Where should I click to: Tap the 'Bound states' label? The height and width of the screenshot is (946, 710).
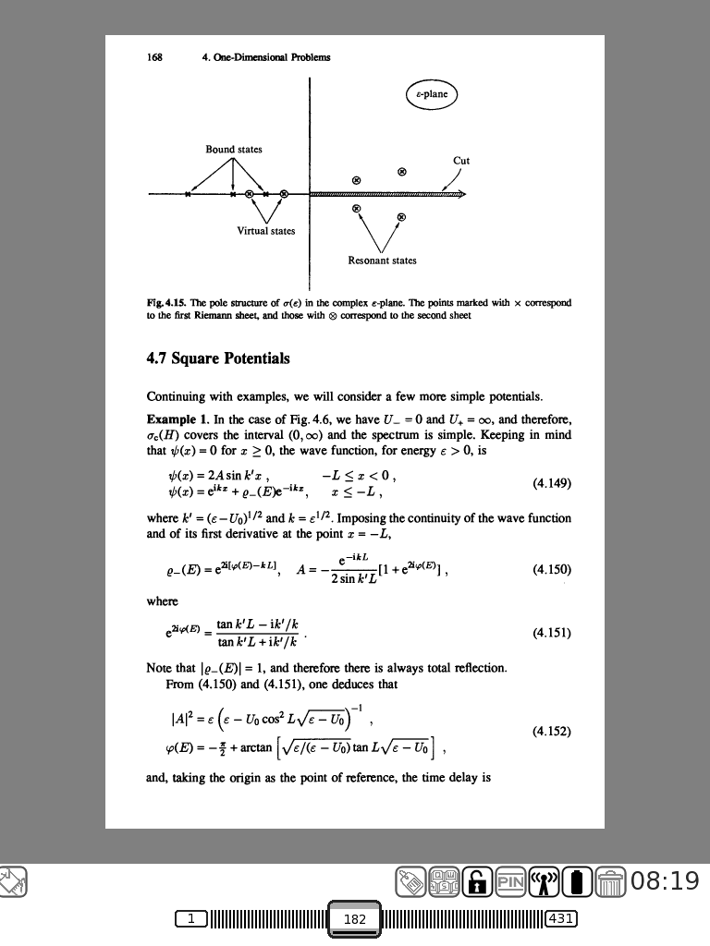[x=234, y=150]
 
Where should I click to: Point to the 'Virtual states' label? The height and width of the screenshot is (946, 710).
[x=266, y=231]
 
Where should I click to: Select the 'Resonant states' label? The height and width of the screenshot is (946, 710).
[x=382, y=261]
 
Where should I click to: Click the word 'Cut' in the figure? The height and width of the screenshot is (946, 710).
[x=461, y=161]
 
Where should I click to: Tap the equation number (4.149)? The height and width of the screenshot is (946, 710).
[x=553, y=482]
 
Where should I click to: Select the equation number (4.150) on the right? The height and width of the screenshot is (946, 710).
[x=553, y=569]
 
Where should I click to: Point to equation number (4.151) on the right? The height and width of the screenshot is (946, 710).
[x=553, y=634]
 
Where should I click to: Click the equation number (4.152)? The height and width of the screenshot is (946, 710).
[x=553, y=731]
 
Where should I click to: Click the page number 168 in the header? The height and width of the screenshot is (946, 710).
[x=155, y=56]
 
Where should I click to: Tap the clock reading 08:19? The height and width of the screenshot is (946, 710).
[x=666, y=881]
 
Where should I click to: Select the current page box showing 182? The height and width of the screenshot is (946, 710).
[x=355, y=919]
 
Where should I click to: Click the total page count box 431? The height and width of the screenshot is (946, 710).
[x=562, y=918]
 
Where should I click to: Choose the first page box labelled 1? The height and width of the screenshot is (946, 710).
[x=191, y=918]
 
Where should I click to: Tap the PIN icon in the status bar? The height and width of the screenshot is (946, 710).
[x=509, y=881]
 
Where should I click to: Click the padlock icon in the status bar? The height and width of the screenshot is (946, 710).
[x=477, y=881]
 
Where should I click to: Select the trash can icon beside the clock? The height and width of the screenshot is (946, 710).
[x=611, y=882]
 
